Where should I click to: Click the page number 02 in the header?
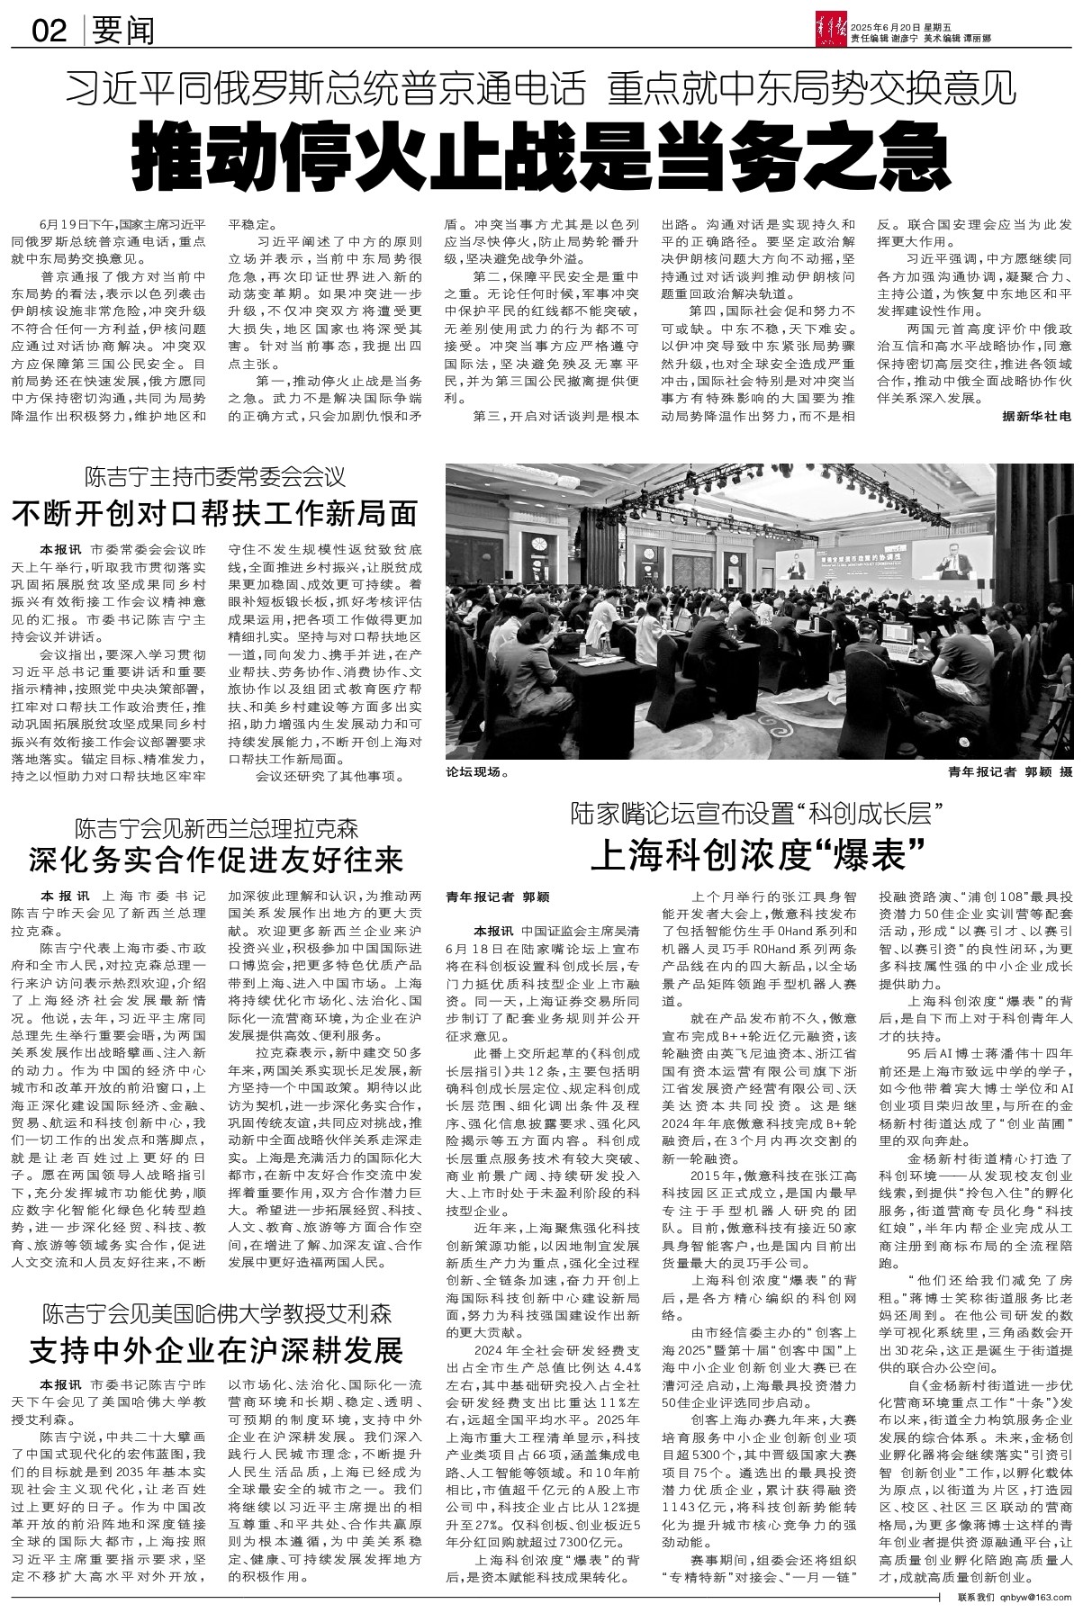point(50,32)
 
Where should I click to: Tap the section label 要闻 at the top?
point(122,32)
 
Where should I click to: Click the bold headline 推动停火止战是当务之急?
point(540,157)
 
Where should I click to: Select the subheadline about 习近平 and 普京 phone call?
point(540,88)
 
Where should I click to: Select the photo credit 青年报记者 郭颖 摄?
point(1010,771)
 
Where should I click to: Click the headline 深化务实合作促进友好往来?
point(215,860)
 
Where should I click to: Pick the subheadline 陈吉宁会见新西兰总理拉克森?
point(216,826)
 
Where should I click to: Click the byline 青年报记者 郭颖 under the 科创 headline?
point(497,897)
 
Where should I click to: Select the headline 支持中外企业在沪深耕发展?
point(215,1350)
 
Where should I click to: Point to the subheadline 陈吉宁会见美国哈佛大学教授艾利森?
point(215,1313)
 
